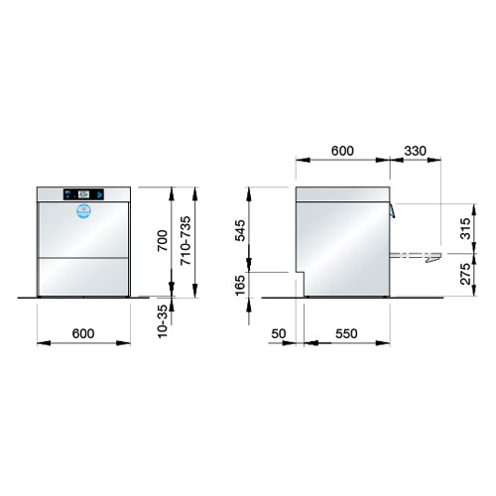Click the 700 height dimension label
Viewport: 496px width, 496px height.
163,240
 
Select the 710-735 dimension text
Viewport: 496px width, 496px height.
186,240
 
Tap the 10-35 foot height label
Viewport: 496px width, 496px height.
163,321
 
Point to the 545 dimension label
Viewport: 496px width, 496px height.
240,230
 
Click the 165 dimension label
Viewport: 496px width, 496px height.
240,285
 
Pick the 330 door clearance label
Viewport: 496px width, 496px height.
416,151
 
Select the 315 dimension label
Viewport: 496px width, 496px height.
465,228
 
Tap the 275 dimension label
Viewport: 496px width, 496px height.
465,274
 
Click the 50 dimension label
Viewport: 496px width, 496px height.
279,334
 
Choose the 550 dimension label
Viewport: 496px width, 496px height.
346,334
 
